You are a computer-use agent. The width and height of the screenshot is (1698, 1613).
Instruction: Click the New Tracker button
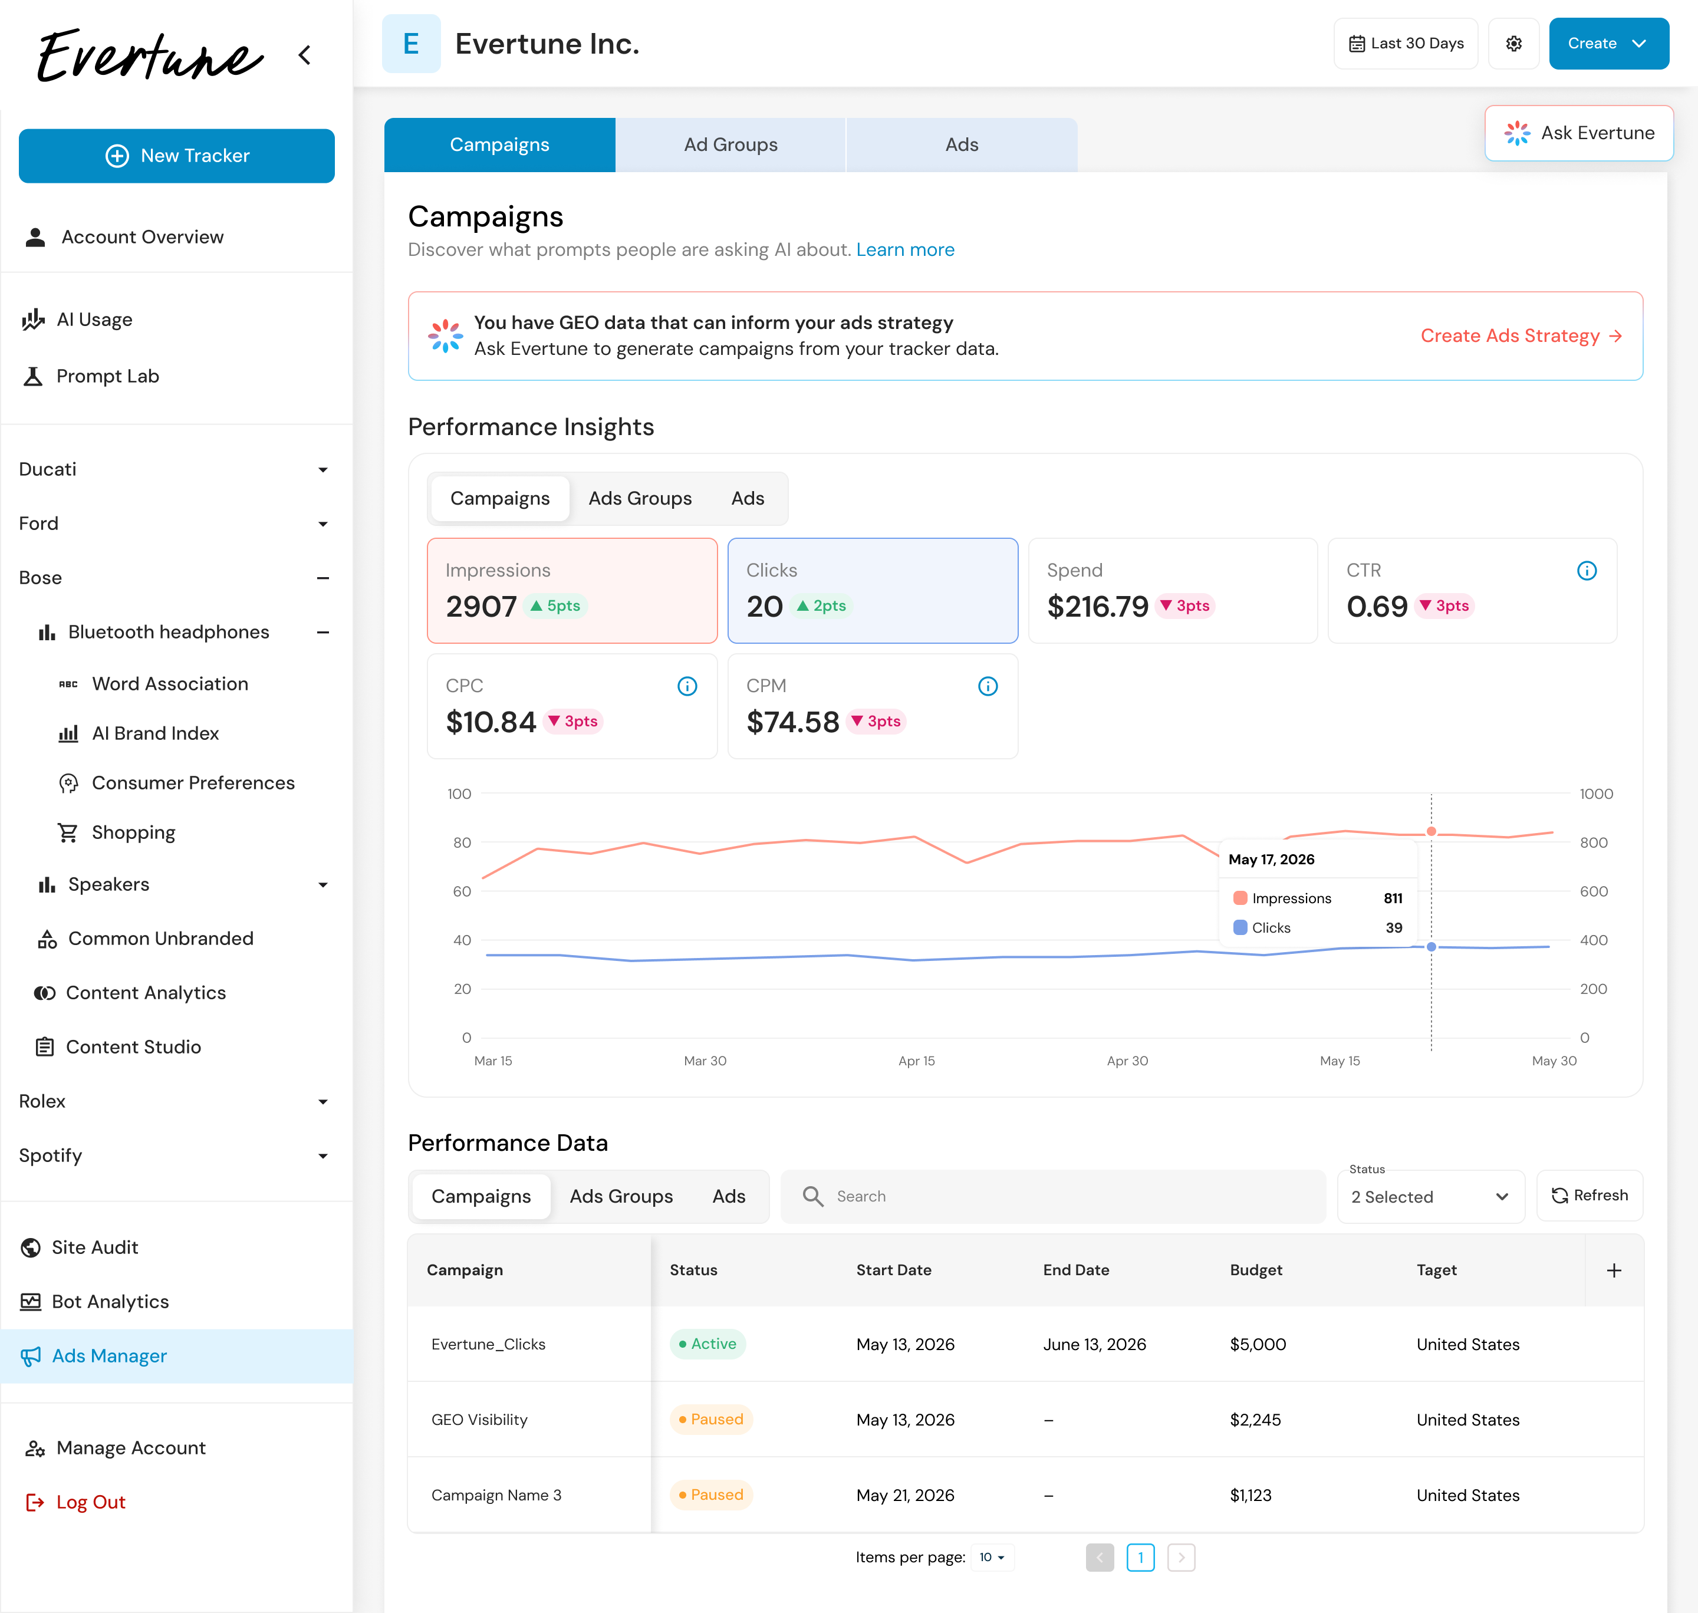(x=176, y=156)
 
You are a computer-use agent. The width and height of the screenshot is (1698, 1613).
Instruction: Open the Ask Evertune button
(x=1578, y=133)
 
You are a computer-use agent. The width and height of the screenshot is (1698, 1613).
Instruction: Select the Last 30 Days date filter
(x=1406, y=44)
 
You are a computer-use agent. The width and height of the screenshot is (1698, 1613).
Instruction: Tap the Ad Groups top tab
(x=730, y=144)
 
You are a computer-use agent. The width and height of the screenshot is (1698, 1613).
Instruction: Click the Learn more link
(x=906, y=249)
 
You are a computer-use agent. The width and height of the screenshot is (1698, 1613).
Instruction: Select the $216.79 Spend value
(x=1098, y=606)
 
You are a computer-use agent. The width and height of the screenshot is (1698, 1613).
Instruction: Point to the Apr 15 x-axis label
(x=916, y=1061)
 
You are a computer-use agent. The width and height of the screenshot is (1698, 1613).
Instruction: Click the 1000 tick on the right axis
(x=1595, y=794)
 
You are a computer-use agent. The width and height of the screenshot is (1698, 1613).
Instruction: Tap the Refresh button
(x=1589, y=1195)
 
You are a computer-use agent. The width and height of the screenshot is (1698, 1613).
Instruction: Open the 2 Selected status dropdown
(x=1430, y=1197)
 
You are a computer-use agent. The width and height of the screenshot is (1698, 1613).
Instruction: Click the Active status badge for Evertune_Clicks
(x=707, y=1344)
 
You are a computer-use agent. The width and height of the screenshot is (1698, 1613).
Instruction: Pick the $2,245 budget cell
(x=1255, y=1420)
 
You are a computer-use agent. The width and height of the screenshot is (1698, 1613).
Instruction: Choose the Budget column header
(x=1256, y=1270)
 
